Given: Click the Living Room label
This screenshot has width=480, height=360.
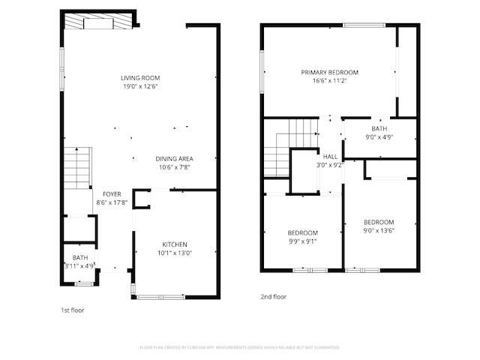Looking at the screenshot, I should (140, 77).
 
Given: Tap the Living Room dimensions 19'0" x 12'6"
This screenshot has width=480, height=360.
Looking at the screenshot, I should (140, 86).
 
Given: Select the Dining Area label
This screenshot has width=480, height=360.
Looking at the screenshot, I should (175, 159).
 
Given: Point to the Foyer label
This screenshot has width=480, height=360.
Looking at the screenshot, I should (112, 193).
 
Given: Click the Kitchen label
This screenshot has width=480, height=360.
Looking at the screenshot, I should (175, 244).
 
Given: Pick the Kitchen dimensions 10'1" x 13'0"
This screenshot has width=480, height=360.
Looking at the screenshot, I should (175, 253).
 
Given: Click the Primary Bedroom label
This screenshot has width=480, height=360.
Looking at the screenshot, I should (330, 73).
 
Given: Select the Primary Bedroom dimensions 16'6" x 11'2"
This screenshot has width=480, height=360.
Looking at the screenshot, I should (330, 81).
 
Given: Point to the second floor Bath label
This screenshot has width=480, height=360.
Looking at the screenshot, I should (379, 129).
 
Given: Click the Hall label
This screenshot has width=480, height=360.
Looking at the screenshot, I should (330, 156).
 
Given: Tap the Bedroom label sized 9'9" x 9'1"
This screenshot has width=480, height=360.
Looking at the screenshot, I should (302, 232).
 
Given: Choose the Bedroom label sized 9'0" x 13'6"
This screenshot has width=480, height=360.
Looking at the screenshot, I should (379, 222).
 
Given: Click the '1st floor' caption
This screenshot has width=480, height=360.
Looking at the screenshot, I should (73, 309).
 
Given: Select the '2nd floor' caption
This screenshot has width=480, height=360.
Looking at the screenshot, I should (273, 296).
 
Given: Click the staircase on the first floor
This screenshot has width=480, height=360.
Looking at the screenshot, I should (77, 166).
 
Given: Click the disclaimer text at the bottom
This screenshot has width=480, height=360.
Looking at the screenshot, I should (240, 347).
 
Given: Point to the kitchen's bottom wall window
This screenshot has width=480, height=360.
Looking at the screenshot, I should (160, 297).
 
